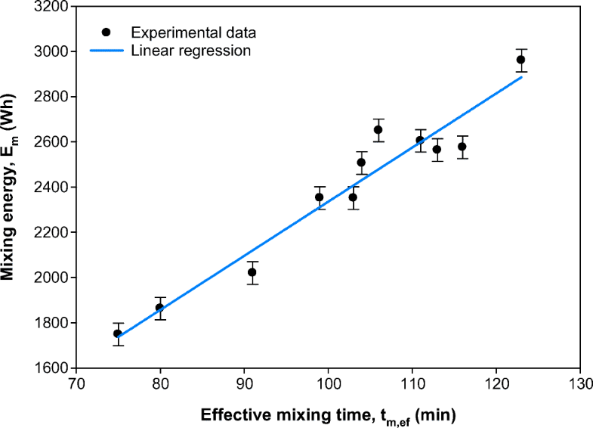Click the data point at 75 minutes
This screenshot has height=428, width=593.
coord(117,333)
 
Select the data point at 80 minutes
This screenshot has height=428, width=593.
coord(159,307)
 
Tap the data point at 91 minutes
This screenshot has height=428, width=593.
coord(252,272)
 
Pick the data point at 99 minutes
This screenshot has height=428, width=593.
coord(320,197)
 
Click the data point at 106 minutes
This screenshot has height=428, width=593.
coord(378,129)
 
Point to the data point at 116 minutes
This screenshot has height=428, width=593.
coord(462,147)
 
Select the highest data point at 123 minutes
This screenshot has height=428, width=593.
coord(520,60)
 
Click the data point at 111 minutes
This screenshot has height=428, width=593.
coord(420,140)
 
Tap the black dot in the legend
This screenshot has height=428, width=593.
coord(107,33)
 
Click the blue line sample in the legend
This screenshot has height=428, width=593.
coord(107,51)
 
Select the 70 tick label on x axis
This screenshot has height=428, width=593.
coord(76,383)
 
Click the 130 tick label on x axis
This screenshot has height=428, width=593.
coord(579,383)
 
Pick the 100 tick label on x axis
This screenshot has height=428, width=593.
coord(328,383)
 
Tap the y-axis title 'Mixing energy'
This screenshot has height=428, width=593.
coord(11,187)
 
